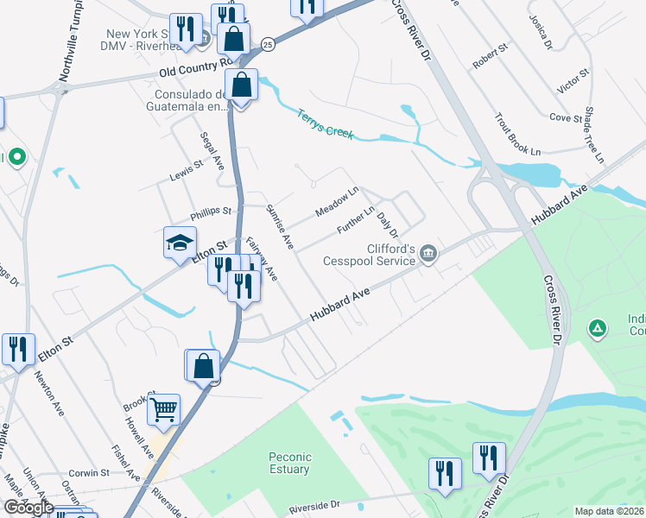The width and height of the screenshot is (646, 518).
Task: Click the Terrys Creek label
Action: pos(326,123)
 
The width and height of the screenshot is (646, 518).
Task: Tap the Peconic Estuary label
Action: pos(288,463)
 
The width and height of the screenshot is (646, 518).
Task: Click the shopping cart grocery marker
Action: pos(163,409)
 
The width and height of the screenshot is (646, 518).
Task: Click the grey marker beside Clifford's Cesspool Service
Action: pos(429,253)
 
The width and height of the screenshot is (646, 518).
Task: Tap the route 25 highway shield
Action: pos(269,44)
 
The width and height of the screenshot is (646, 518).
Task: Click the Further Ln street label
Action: pos(355,222)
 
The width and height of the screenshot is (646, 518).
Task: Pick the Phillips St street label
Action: pos(212,212)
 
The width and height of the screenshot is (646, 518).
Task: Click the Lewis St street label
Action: pos(186,169)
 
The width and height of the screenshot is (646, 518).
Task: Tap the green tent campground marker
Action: pos(596,328)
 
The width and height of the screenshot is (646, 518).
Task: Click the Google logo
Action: pos(28,508)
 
